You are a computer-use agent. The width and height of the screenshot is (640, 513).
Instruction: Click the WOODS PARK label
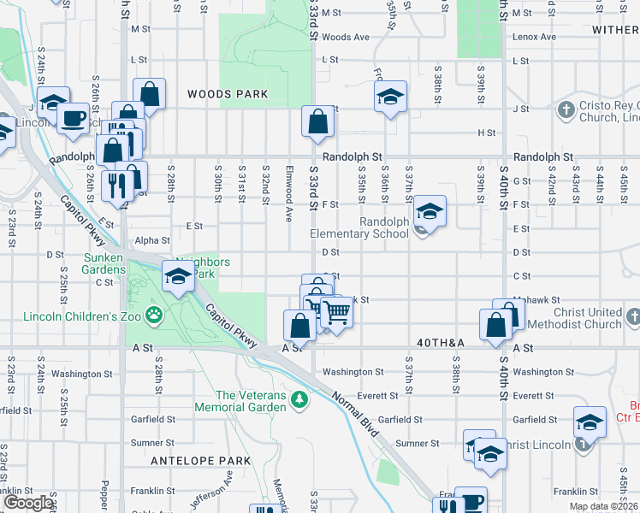tap(228, 94)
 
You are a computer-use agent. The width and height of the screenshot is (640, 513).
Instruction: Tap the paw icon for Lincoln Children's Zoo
tap(153, 315)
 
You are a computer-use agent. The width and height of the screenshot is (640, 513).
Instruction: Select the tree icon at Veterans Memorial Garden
tap(299, 399)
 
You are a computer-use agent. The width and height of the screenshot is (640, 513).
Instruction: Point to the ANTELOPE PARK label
tap(200, 461)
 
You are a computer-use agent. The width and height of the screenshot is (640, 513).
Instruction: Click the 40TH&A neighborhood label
tap(441, 343)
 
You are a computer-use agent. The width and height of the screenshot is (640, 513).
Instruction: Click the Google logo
tap(28, 503)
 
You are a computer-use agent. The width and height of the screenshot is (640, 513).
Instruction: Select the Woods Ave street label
tap(346, 38)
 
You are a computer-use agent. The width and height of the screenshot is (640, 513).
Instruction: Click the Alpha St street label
tap(153, 241)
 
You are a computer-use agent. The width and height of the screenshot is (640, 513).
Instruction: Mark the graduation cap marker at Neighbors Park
tap(178, 277)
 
